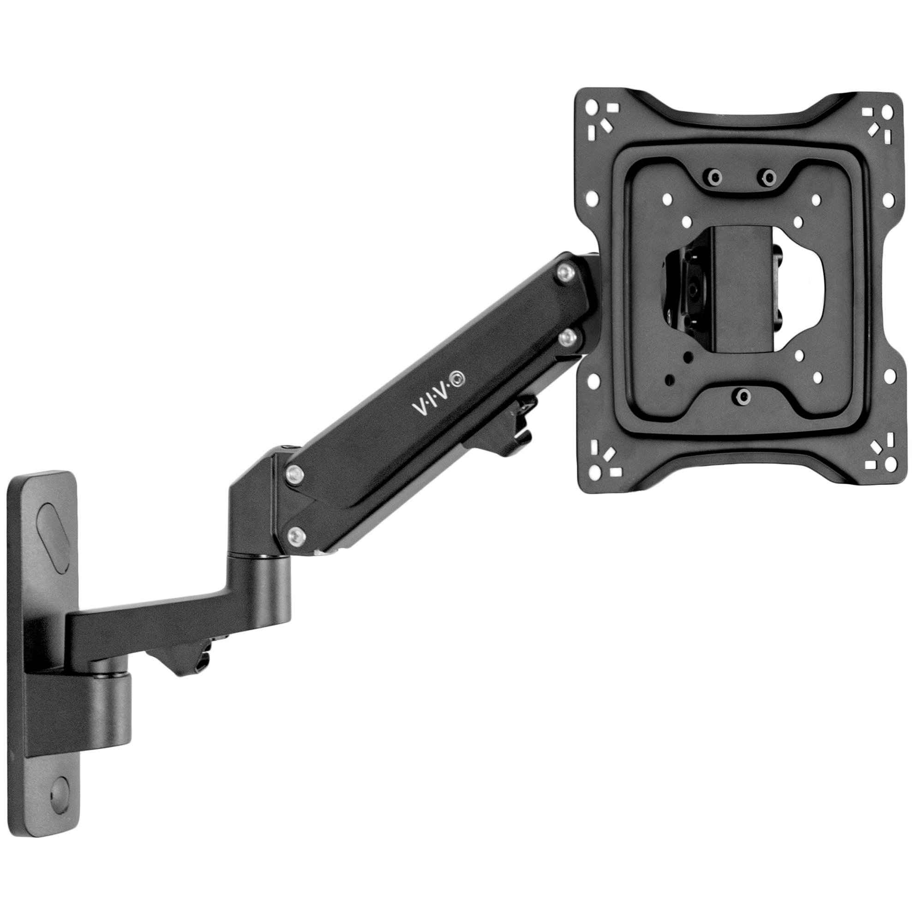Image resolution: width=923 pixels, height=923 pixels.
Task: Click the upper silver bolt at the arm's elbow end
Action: [296, 473]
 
